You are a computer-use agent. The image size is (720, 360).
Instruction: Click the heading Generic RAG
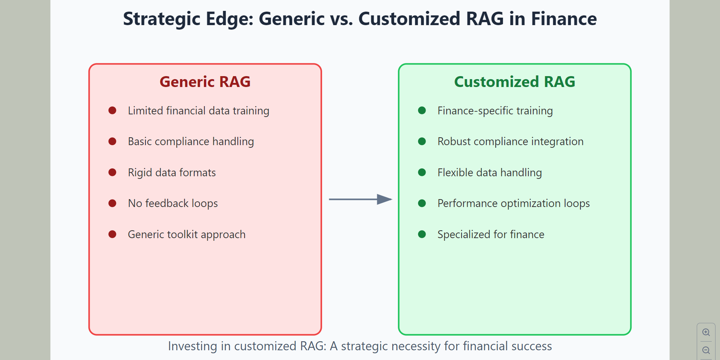coord(205,82)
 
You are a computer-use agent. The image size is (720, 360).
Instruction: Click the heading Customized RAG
coord(514,82)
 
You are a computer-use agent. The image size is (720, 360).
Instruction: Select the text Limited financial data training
coord(198,111)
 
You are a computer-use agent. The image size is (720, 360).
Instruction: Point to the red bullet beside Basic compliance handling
coord(112,141)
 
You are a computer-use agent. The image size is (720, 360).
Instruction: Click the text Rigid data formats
coord(172,172)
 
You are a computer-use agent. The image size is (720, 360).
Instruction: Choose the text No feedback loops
coord(172,203)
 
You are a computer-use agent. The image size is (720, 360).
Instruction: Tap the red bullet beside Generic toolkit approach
coord(112,234)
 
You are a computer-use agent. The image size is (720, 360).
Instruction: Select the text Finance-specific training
coord(495,111)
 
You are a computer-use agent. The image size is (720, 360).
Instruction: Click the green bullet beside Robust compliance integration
coord(422,141)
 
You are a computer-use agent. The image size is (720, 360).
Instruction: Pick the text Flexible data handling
coord(489,172)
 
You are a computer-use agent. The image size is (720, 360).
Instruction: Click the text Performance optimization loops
coord(513,203)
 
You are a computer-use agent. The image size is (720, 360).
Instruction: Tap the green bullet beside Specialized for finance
coord(422,234)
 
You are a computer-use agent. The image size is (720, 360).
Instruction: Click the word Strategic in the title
coord(162,19)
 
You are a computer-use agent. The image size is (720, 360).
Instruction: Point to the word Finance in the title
coord(564,19)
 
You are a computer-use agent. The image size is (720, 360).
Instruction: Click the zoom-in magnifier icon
coord(706,332)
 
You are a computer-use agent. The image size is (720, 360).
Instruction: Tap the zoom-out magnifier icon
coord(706,350)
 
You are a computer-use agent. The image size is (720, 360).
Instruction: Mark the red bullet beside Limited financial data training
coord(112,110)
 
